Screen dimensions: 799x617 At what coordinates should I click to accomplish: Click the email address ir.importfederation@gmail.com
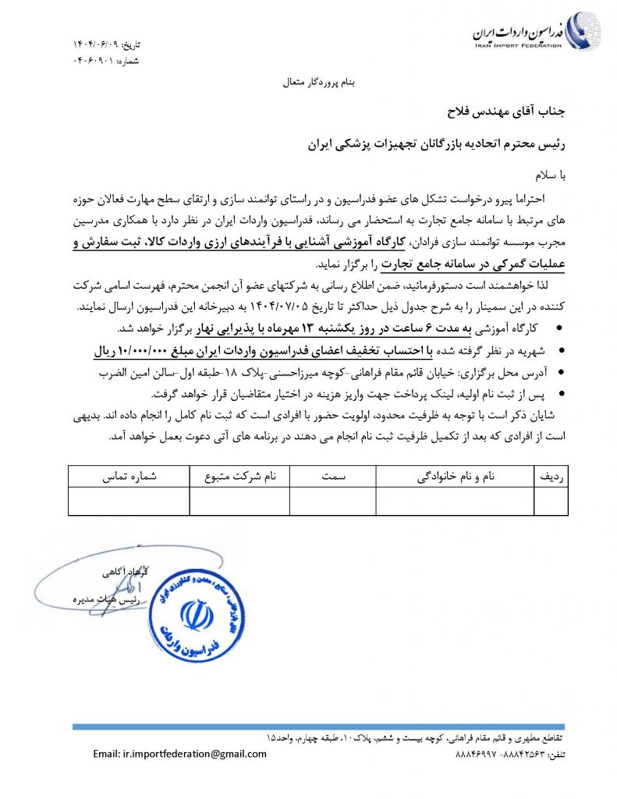click(x=179, y=754)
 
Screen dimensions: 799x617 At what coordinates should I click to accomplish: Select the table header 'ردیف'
click(x=551, y=475)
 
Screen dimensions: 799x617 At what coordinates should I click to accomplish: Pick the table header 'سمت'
click(x=332, y=475)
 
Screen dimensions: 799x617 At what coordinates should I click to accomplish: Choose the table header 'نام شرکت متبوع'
click(x=239, y=475)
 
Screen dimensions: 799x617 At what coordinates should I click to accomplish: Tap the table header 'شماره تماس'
click(x=128, y=475)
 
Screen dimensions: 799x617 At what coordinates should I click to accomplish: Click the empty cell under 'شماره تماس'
click(x=128, y=501)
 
